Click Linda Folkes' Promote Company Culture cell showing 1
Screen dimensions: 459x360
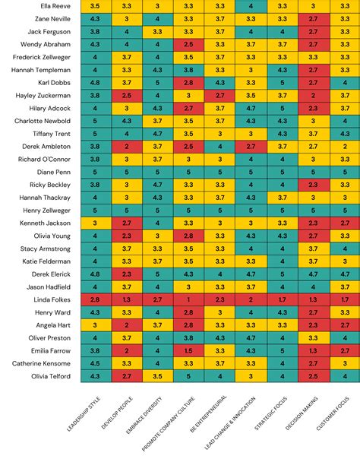pos(188,299)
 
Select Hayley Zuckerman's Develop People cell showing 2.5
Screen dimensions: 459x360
pos(126,95)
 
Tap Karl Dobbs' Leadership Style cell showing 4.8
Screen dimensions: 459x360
pos(95,82)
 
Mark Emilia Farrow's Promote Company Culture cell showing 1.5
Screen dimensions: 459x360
pos(188,350)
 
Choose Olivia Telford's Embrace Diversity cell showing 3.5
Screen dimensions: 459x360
pos(157,376)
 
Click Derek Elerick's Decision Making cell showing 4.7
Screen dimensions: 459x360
pos(313,274)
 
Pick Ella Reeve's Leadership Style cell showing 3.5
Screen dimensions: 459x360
pos(95,5)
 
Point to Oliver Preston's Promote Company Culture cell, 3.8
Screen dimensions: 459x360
pos(188,337)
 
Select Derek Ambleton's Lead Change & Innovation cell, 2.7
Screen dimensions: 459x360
pos(251,146)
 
